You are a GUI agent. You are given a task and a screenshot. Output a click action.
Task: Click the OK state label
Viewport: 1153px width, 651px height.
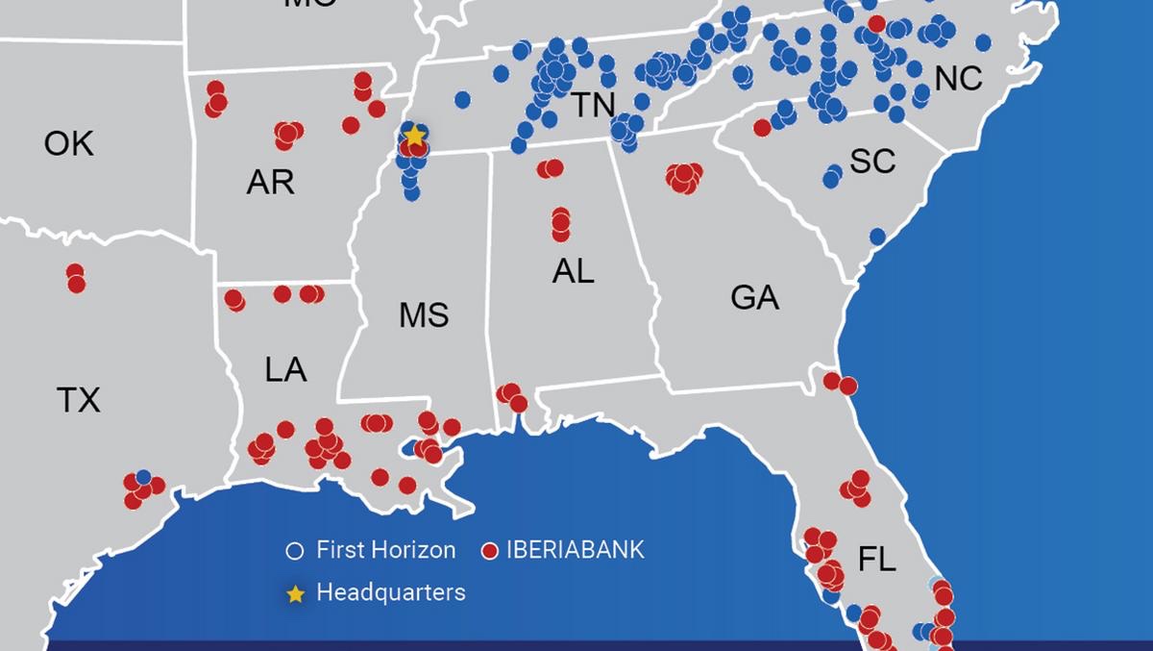pyautogui.click(x=69, y=144)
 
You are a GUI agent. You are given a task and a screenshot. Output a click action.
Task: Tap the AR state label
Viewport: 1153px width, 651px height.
pyautogui.click(x=270, y=182)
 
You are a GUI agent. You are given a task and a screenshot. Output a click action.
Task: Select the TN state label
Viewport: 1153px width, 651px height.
pyautogui.click(x=593, y=105)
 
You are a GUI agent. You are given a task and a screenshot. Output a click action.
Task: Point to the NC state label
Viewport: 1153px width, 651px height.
pyautogui.click(x=958, y=78)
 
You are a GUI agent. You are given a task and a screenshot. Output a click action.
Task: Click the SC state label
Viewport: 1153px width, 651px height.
pyautogui.click(x=872, y=162)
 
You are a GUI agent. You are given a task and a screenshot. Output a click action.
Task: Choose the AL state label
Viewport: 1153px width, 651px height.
pyautogui.click(x=573, y=272)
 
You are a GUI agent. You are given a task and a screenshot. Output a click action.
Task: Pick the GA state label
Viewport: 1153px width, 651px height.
pyautogui.click(x=754, y=298)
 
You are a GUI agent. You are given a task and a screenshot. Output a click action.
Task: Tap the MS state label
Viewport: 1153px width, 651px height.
pyautogui.click(x=424, y=315)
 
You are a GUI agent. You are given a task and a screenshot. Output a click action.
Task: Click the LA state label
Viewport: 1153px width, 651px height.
pyautogui.click(x=285, y=369)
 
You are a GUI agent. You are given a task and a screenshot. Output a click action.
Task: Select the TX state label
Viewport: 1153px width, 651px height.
pyautogui.click(x=79, y=399)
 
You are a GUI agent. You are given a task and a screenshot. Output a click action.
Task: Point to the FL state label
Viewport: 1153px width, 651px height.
pyautogui.click(x=876, y=560)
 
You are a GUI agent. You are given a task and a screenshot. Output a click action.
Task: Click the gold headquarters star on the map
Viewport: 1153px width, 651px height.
pyautogui.click(x=414, y=136)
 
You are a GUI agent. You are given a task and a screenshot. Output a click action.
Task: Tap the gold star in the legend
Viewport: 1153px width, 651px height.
pyautogui.click(x=296, y=594)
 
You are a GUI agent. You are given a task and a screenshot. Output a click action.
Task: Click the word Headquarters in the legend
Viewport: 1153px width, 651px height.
pyautogui.click(x=390, y=592)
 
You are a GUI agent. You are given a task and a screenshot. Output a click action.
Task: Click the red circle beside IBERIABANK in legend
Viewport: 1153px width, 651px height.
pyautogui.click(x=490, y=551)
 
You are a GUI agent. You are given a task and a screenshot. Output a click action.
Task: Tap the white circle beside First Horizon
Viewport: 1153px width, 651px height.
pyautogui.click(x=296, y=551)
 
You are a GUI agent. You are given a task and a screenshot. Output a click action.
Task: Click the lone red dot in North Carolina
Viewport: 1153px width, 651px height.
pyautogui.click(x=876, y=23)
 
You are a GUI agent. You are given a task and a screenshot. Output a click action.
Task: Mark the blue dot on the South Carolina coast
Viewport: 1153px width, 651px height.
pyautogui.click(x=877, y=237)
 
